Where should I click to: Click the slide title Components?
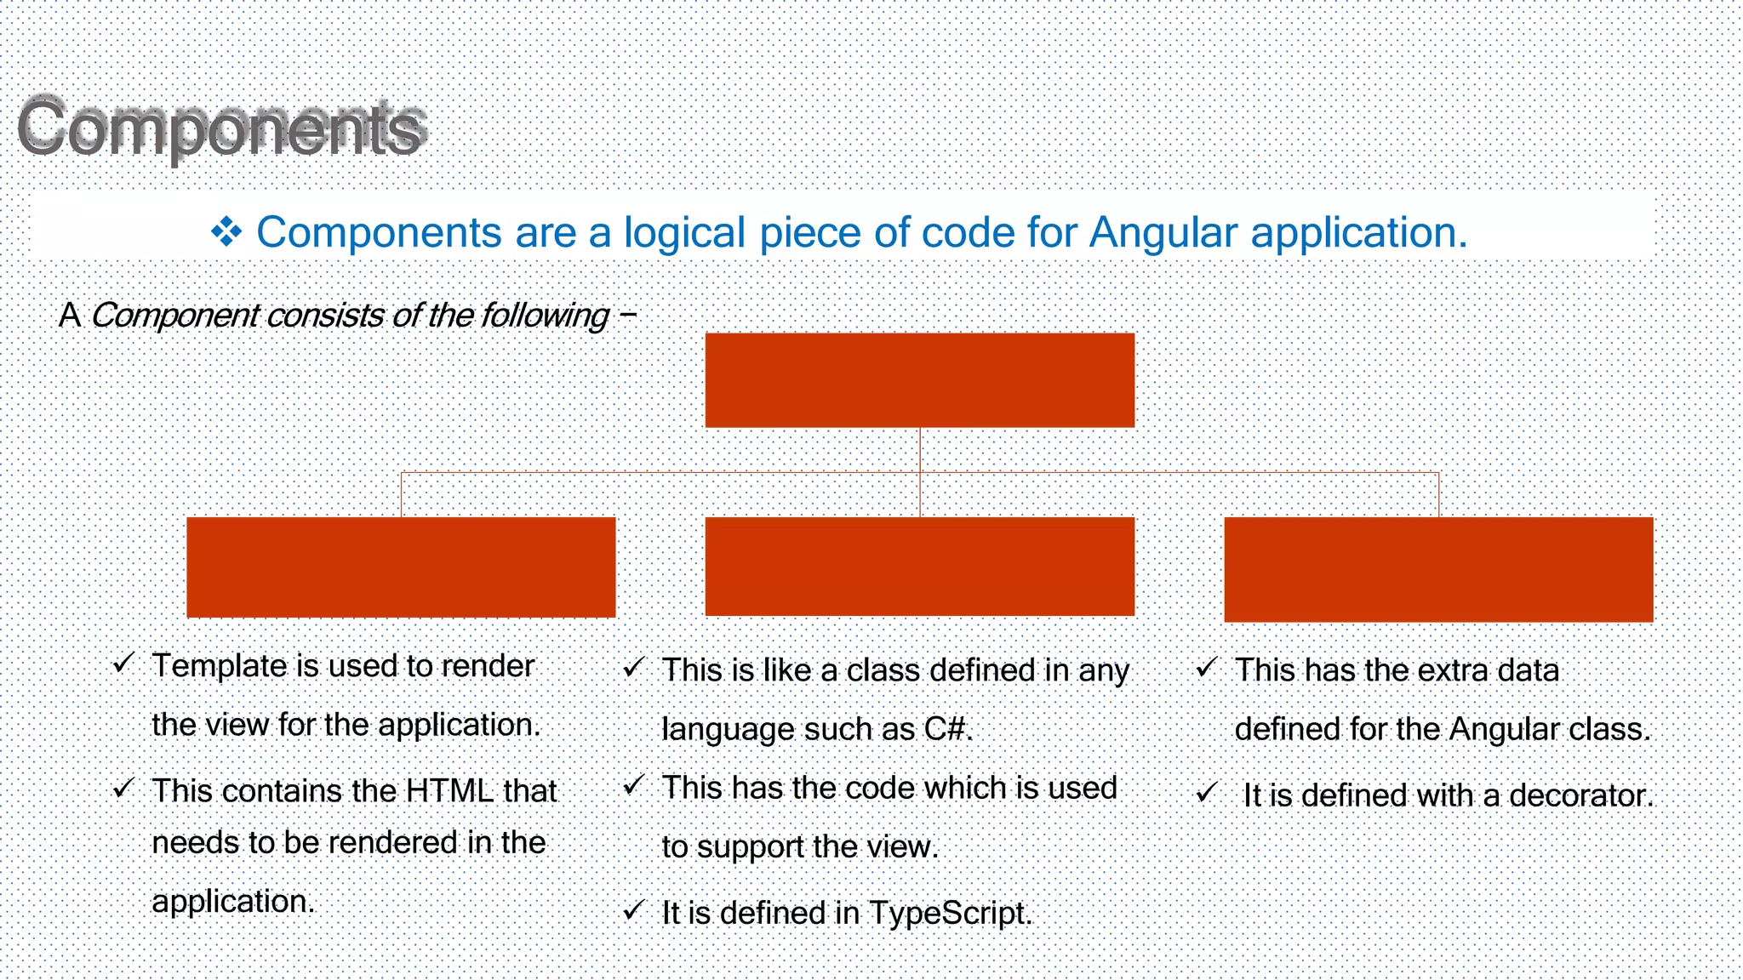point(221,128)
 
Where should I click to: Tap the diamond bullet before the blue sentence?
point(226,232)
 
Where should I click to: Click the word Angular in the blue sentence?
point(1163,232)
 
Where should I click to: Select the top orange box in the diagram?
point(919,379)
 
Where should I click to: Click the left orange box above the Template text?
point(401,567)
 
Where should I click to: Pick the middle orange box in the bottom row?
point(919,566)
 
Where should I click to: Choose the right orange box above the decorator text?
point(1438,569)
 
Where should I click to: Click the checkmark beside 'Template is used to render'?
point(123,663)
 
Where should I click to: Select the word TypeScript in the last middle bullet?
point(949,914)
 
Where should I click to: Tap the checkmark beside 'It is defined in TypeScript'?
point(633,911)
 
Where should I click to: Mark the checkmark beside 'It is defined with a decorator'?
point(1206,794)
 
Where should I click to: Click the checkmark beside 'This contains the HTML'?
point(123,789)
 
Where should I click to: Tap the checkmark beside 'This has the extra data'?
point(1206,668)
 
